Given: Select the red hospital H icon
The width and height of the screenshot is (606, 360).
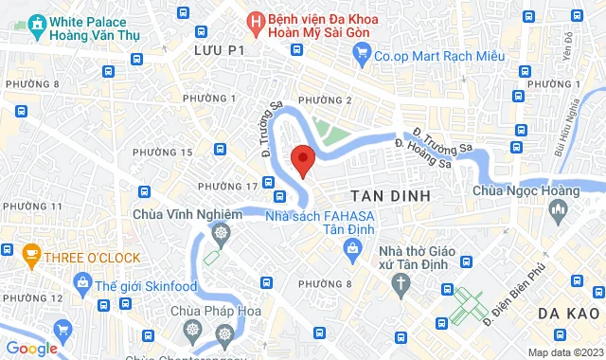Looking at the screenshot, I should (256, 19).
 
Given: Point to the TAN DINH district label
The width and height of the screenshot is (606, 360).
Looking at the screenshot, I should (390, 194).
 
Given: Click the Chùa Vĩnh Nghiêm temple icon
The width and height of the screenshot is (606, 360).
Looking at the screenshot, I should (221, 232).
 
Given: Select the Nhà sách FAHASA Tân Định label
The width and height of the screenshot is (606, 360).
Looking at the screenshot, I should (321, 224).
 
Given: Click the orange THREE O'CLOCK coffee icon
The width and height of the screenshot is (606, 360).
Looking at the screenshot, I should (31, 257).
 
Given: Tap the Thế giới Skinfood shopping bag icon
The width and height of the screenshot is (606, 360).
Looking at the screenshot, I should (83, 281).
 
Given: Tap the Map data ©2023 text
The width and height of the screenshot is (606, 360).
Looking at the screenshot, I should (563, 352).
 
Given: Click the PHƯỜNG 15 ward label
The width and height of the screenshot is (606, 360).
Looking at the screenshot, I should (162, 152).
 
